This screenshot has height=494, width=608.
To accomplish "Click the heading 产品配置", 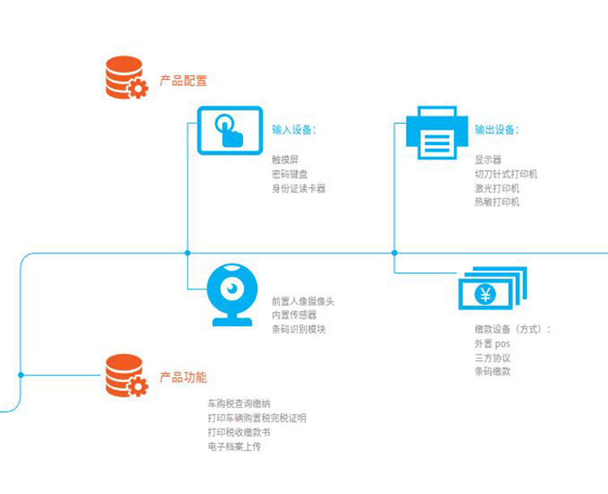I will point(183,81).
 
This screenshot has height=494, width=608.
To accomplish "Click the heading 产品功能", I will point(183,377).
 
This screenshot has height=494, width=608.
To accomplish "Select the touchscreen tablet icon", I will point(230,130).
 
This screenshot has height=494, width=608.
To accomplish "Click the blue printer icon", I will point(437,134).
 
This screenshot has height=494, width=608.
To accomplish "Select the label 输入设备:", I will point(293,130).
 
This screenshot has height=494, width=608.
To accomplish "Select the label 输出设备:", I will point(497,130).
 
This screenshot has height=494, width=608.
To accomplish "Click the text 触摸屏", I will point(285,160).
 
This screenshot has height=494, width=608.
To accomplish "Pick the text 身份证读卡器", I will point(298,189).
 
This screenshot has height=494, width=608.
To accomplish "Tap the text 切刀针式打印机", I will point(506,174).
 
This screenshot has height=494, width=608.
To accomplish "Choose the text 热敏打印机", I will point(497,202).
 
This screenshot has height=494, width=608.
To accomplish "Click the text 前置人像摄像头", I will point(303,301).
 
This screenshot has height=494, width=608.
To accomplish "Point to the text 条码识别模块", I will point(298,329).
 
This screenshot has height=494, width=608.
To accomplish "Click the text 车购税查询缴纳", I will point(239,403).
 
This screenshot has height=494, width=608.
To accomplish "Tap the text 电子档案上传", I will point(234,446).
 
